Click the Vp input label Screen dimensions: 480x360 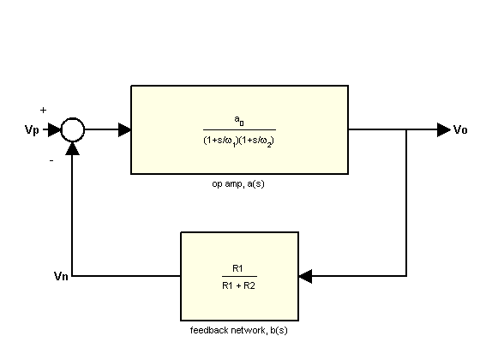[x=32, y=129]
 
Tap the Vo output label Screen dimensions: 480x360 [x=460, y=129]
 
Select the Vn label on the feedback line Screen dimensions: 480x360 [x=61, y=276]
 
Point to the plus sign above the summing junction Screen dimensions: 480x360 [x=43, y=110]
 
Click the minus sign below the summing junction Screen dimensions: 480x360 [x=51, y=160]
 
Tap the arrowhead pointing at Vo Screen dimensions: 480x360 [x=444, y=129]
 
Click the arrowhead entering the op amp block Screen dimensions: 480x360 [x=124, y=129]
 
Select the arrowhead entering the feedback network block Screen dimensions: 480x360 [x=305, y=276]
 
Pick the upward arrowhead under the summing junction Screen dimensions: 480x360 [x=73, y=148]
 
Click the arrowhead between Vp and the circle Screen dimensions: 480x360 [x=55, y=129]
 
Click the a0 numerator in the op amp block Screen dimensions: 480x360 [x=239, y=121]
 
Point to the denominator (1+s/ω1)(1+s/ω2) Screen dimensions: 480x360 [x=238, y=141]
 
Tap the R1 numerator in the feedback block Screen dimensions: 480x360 [x=237, y=268]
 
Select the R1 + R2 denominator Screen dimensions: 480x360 [x=238, y=285]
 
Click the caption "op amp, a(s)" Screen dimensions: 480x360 [x=238, y=184]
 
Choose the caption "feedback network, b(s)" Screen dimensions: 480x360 [x=239, y=330]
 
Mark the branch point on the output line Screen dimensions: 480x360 [x=406, y=129]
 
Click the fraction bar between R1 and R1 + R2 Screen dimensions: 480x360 [x=239, y=276]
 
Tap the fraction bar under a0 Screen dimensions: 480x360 [x=239, y=129]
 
